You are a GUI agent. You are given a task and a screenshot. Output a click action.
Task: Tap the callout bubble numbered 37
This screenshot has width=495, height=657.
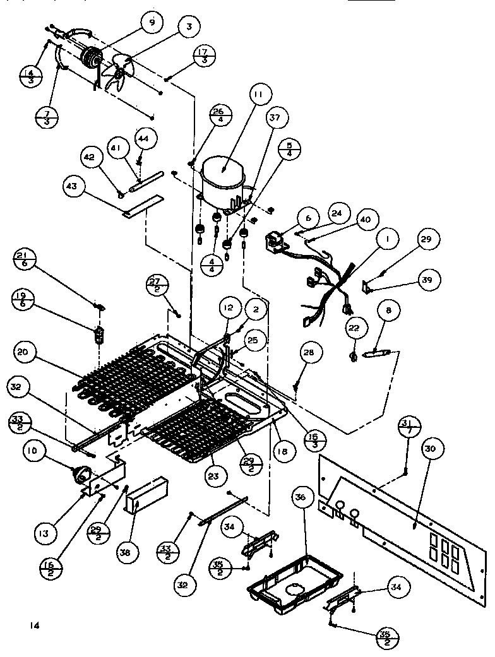coord(276,118)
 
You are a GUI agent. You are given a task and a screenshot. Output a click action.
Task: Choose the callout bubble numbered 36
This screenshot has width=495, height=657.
coord(301,498)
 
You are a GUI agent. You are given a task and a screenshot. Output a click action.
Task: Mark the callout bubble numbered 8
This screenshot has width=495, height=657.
coord(388,311)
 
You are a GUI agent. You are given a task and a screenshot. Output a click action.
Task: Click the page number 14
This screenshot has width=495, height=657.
coord(33,625)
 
